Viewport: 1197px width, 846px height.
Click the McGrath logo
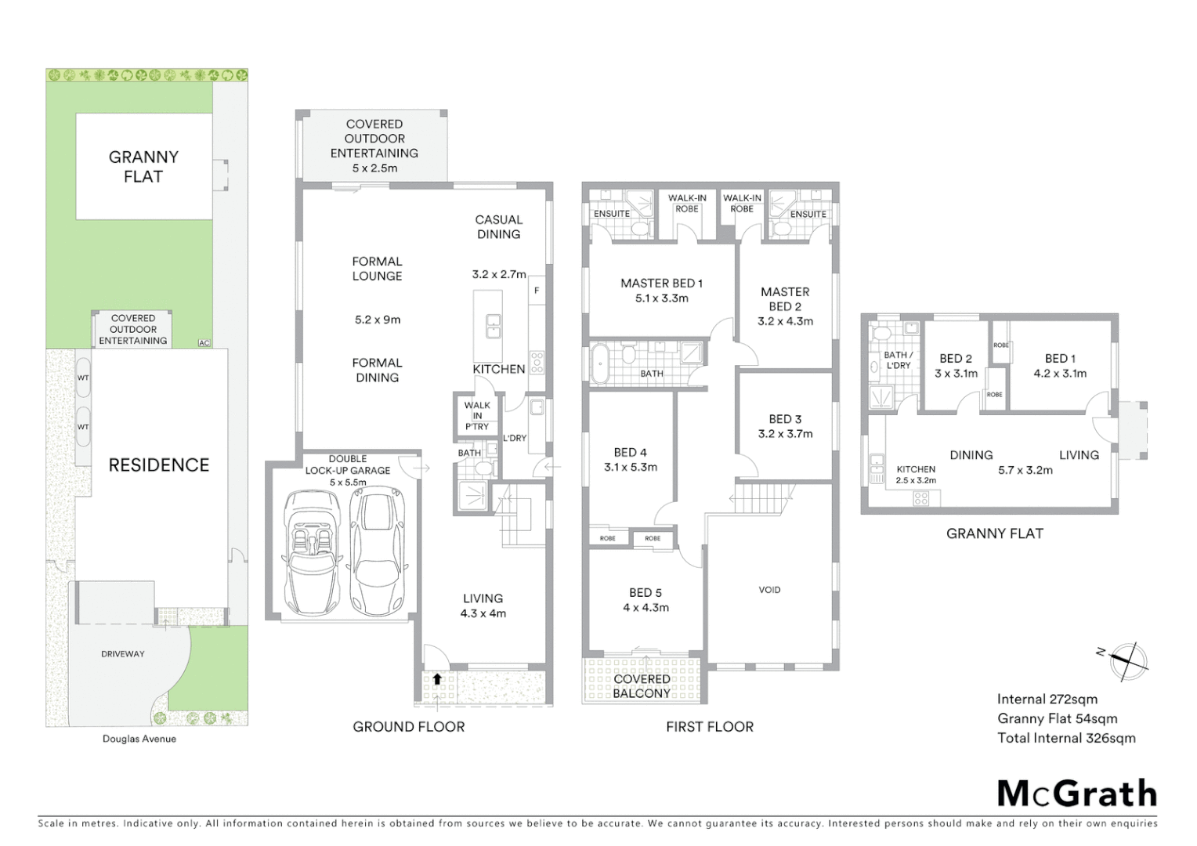[1077, 794]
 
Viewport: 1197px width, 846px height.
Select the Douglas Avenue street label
[139, 739]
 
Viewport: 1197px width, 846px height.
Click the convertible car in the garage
[311, 551]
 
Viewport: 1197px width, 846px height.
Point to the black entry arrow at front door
[437, 679]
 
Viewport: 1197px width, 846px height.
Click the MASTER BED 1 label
[662, 284]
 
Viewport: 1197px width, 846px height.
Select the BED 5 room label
[646, 593]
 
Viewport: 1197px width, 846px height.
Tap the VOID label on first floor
[769, 590]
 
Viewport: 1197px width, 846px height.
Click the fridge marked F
[537, 291]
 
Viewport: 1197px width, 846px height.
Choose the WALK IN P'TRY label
[476, 416]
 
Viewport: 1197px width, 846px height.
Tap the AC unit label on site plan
[204, 343]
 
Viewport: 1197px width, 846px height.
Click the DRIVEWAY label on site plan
[123, 653]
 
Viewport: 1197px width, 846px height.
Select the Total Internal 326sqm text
[1066, 738]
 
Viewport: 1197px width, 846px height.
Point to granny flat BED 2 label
[956, 359]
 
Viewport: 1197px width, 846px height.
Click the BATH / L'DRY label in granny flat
[898, 360]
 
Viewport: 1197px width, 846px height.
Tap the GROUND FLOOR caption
[408, 727]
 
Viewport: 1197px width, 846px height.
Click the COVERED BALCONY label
[642, 686]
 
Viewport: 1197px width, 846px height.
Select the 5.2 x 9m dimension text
[378, 320]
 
